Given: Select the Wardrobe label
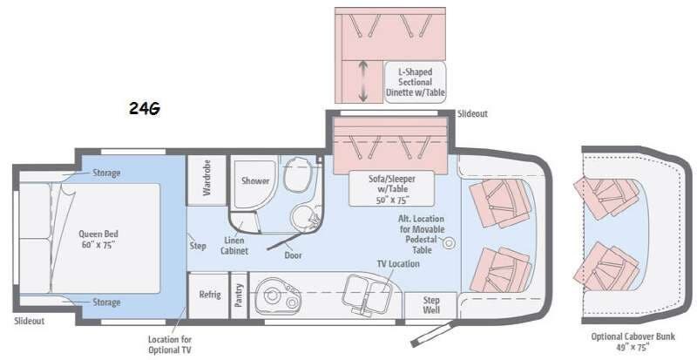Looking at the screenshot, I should point(206,178).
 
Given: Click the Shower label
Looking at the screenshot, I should point(255,181).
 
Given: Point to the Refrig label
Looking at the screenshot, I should point(209,295).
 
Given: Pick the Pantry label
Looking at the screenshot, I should point(238,295).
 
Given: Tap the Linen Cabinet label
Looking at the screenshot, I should point(234,246).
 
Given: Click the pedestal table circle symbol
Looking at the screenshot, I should point(450,243).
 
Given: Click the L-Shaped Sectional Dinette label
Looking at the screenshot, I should point(415,81).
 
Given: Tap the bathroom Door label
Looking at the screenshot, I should point(293,255).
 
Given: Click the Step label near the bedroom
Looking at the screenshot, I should point(198,245).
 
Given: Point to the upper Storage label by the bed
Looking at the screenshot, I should point(106,173).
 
